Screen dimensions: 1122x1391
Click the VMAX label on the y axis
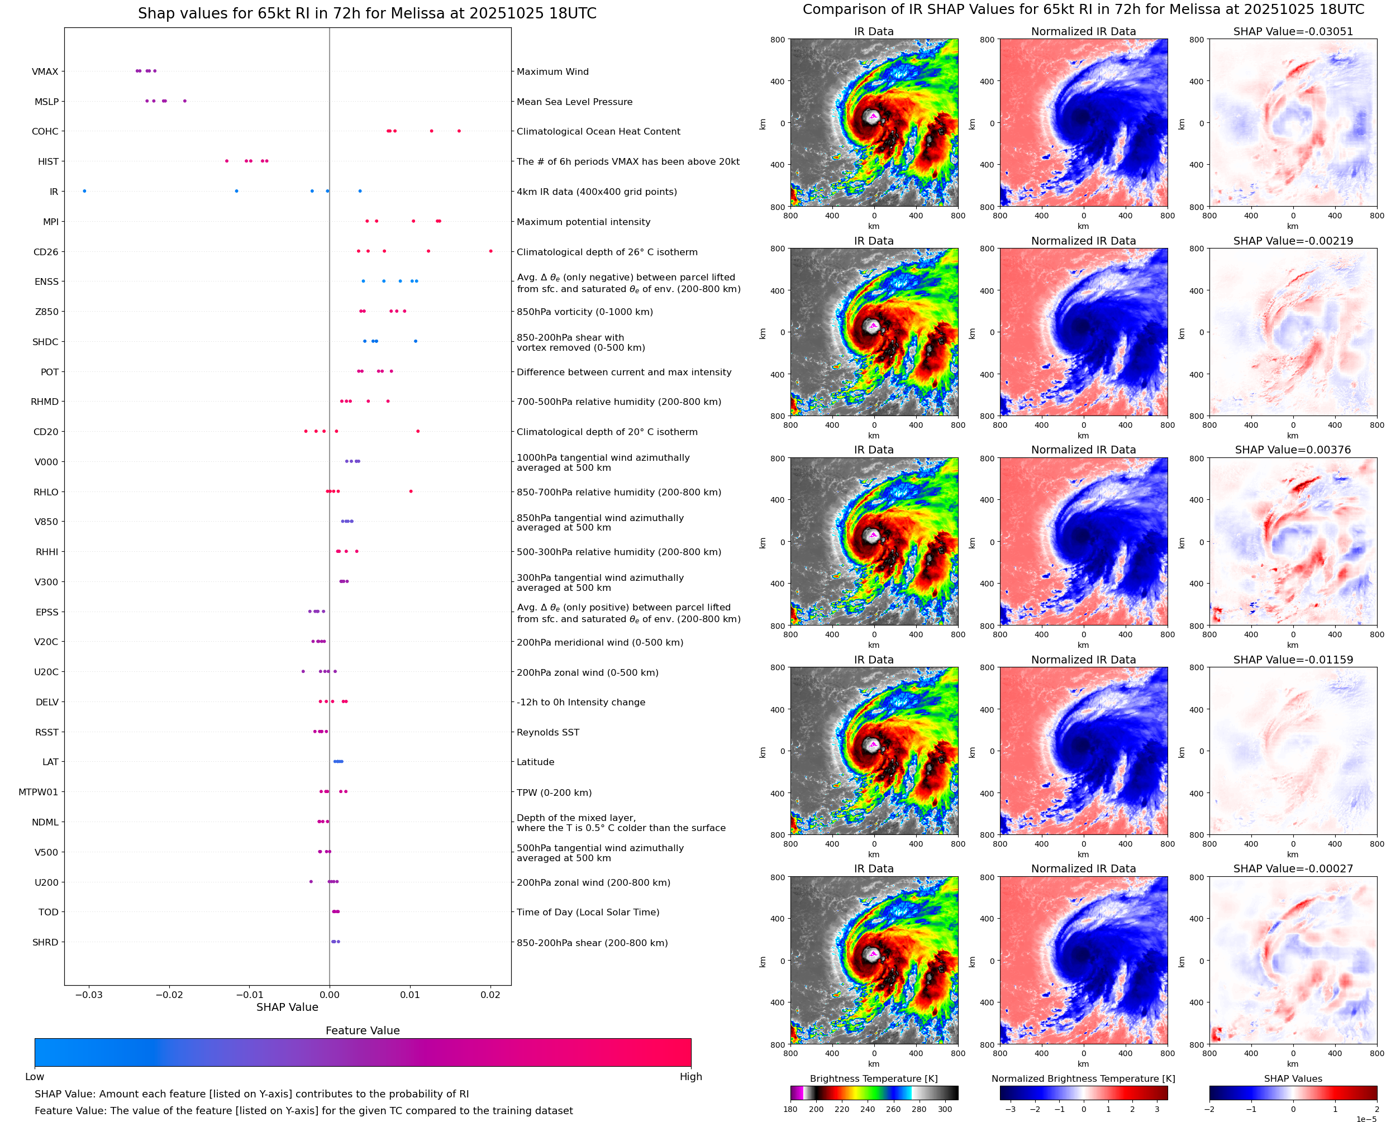(x=45, y=71)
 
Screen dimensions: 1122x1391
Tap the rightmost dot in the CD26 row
(x=490, y=251)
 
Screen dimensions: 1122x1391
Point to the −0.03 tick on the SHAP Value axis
(x=89, y=995)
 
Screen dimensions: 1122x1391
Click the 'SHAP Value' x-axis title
(x=287, y=1007)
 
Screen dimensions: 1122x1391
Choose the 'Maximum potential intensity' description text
(x=583, y=222)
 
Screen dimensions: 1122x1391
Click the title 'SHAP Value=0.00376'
(x=1292, y=450)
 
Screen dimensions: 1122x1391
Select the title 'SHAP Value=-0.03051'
(x=1292, y=31)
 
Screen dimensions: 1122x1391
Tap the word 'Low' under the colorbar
(x=34, y=1077)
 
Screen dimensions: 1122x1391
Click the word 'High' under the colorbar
(x=690, y=1077)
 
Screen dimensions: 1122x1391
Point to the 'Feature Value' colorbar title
(x=363, y=1030)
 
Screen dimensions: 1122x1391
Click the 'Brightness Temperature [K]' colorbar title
(x=873, y=1078)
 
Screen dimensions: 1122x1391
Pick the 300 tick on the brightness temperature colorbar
(x=945, y=1109)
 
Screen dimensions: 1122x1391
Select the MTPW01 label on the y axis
(x=38, y=792)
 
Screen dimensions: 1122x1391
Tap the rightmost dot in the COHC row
(x=459, y=131)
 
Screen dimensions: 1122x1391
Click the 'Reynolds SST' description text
(x=547, y=732)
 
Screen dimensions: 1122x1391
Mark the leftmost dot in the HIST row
(x=226, y=161)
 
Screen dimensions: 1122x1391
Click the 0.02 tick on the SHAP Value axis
(x=490, y=995)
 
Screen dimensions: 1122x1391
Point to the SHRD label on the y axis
(x=45, y=942)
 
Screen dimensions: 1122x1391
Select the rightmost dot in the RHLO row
(x=411, y=491)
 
